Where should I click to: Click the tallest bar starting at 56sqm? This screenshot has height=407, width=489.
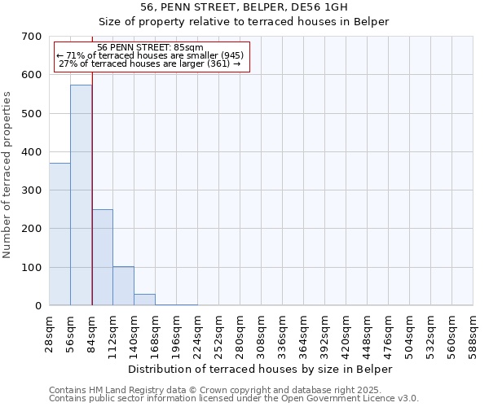[81, 195]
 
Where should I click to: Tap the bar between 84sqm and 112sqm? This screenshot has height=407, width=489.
[102, 257]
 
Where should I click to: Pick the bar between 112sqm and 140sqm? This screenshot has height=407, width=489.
[123, 286]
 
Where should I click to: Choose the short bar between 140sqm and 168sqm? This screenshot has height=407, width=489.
[144, 300]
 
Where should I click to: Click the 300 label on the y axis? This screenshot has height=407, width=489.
[32, 190]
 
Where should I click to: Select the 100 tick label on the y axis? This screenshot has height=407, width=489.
[32, 268]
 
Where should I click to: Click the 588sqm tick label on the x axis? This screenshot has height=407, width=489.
[474, 335]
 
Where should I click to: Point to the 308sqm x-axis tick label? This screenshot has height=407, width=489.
[262, 335]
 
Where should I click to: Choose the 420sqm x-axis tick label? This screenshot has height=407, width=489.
[346, 335]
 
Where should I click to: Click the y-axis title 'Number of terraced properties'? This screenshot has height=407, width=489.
[7, 174]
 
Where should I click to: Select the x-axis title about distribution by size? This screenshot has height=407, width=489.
[260, 369]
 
